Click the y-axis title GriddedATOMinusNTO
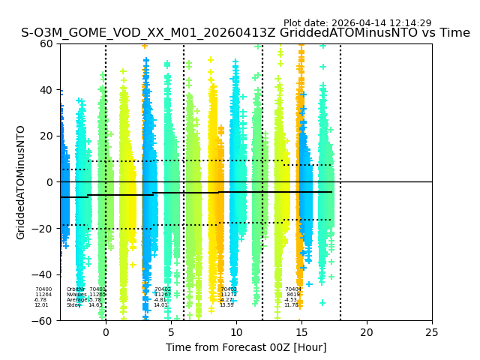[21, 182]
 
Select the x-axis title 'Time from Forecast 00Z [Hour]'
[246, 347]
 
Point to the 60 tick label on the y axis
[45, 43]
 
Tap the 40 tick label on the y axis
[45, 90]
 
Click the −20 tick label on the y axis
[42, 229]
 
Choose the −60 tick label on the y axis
[42, 321]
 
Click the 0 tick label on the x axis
[106, 331]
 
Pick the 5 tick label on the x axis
[171, 331]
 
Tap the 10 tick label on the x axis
[236, 331]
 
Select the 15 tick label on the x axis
[301, 331]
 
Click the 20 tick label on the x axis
[367, 331]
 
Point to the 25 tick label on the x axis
[432, 331]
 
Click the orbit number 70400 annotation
[43, 289]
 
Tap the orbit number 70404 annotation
[292, 289]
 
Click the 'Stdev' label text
[73, 305]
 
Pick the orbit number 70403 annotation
[229, 289]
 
